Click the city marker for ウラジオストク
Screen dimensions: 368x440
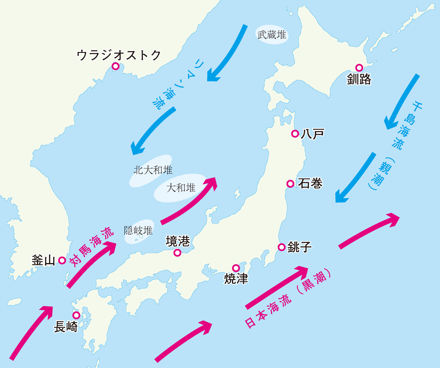116,66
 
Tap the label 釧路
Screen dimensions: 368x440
359,79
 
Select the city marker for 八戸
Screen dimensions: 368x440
295,134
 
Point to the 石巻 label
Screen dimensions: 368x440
310,183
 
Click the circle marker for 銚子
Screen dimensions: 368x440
282,247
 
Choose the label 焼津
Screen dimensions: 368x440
236,278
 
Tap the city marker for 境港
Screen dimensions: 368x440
177,252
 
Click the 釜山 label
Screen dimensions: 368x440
44,260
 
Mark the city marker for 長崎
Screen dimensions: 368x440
76,315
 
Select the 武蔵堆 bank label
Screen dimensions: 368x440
272,35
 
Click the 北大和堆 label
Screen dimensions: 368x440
153,170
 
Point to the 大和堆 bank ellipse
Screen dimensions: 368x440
181,188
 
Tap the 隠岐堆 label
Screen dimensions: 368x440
138,231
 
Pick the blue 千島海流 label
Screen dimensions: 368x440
408,126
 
